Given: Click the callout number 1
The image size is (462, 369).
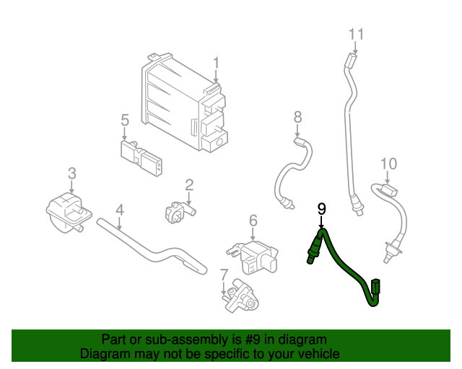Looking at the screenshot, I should click(216, 64).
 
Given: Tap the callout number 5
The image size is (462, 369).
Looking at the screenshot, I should click(124, 119).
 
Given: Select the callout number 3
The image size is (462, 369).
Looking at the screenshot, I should click(71, 173).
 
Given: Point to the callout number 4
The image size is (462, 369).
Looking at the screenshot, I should click(120, 210).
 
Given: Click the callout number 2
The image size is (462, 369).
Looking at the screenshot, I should click(189, 185).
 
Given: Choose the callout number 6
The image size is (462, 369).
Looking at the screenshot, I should click(253, 220).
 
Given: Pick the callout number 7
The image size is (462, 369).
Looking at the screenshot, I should click(224, 274).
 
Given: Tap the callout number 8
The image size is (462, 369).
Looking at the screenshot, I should click(297, 116).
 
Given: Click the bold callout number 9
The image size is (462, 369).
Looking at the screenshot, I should click(322, 208).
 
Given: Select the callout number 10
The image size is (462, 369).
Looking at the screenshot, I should click(388, 164).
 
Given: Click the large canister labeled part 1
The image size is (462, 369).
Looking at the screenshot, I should click(184, 105).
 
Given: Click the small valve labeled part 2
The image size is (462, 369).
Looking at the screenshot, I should click(177, 213).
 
